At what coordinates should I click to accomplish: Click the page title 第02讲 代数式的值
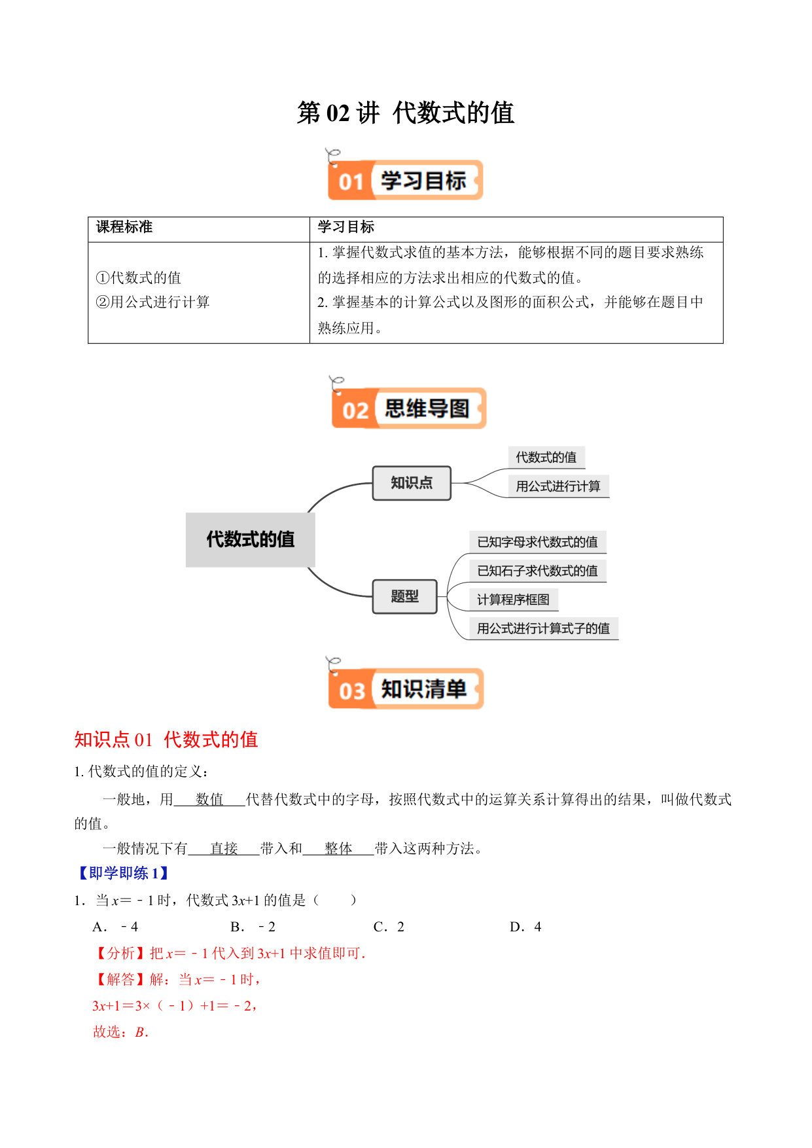406,113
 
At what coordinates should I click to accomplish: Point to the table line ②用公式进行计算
153,302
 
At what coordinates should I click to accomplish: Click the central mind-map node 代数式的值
251,539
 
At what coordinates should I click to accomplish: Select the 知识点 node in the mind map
412,483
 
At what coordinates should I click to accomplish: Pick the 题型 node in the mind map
404,596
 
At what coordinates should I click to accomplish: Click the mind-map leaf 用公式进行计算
558,486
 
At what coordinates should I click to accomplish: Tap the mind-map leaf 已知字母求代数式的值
537,542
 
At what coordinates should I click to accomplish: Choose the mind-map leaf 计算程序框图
513,600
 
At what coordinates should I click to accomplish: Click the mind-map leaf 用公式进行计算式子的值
543,628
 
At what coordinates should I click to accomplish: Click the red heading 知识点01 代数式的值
166,740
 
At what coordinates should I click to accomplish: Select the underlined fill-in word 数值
209,799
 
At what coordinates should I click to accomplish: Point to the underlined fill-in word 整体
338,848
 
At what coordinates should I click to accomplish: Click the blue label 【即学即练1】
123,873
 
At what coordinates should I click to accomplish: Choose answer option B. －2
253,927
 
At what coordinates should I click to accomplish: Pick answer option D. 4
525,927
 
